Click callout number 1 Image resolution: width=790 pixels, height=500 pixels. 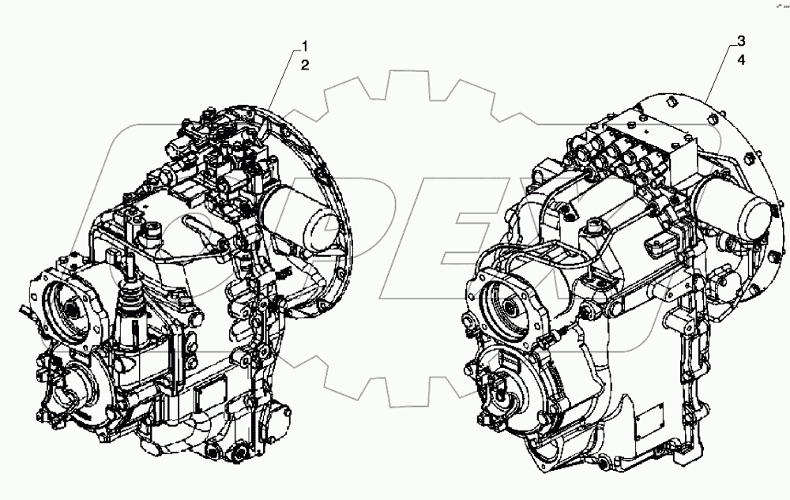pyautogui.click(x=304, y=47)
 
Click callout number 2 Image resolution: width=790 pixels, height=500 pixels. pyautogui.click(x=304, y=66)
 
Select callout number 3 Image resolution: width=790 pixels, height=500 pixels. pyautogui.click(x=740, y=40)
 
